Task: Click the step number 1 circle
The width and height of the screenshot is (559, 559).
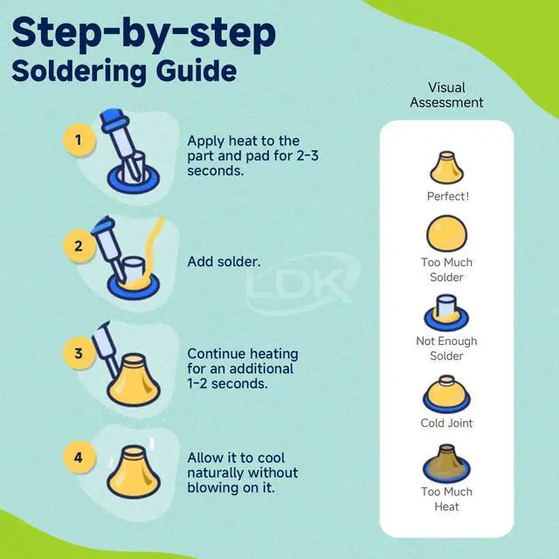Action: (79, 140)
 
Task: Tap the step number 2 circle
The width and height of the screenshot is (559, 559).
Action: (79, 246)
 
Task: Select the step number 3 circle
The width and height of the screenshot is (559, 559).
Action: (79, 353)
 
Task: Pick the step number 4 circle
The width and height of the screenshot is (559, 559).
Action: (79, 457)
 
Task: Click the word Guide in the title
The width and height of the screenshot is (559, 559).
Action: (196, 72)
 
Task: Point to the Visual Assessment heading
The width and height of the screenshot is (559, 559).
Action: (446, 95)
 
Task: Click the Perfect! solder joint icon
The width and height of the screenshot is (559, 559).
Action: (446, 168)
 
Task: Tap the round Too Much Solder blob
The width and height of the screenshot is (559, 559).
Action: (446, 233)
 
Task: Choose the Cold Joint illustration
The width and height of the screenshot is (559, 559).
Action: (446, 394)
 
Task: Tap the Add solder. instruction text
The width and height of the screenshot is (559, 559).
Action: (224, 262)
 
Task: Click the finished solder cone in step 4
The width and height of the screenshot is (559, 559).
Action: (134, 472)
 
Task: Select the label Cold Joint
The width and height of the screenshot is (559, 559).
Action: (446, 423)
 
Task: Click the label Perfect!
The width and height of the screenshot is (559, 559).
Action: (448, 197)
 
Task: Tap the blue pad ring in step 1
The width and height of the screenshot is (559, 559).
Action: (134, 180)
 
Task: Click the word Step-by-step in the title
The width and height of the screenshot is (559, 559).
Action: (143, 33)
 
